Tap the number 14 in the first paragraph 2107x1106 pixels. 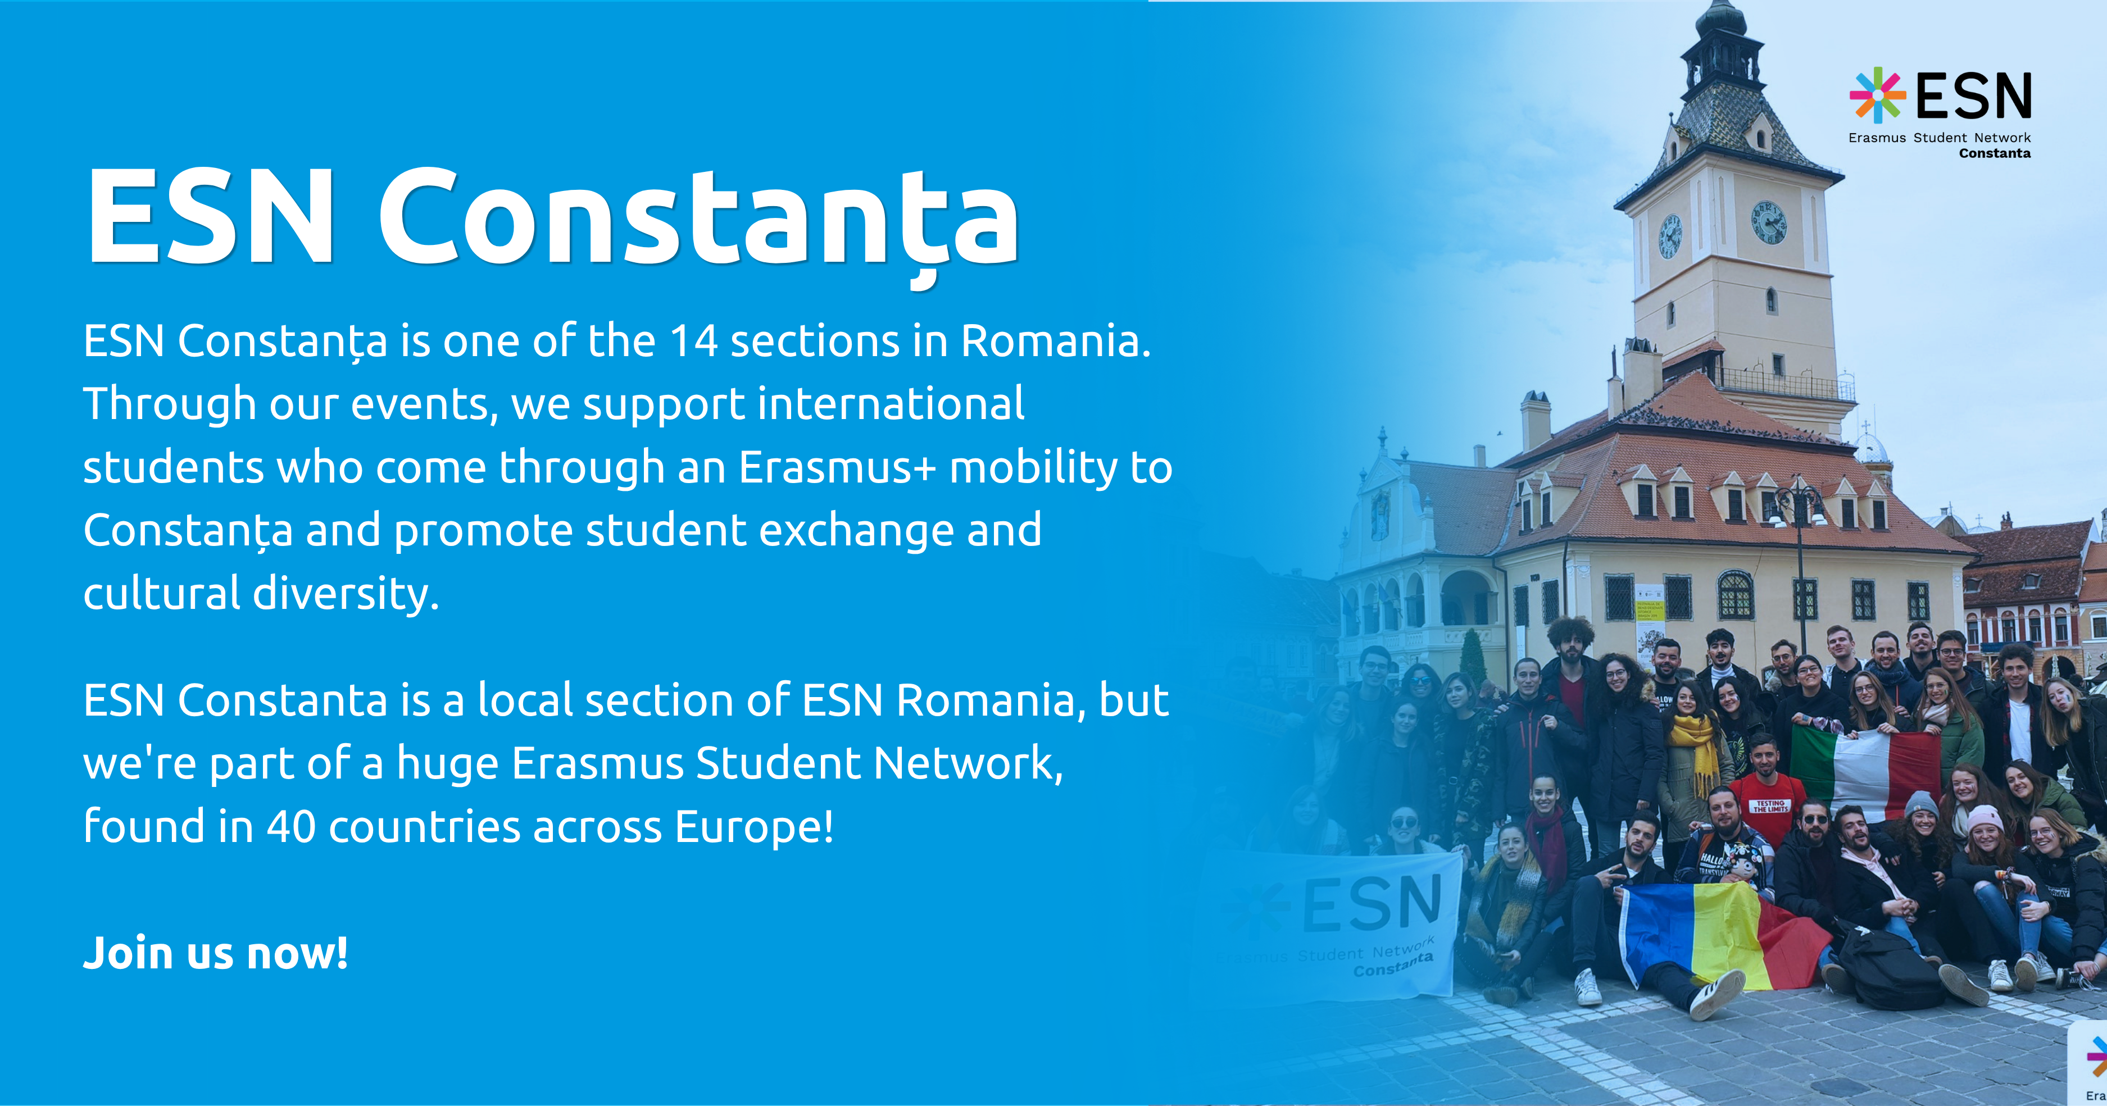click(693, 341)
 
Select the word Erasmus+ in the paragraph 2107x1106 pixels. click(837, 467)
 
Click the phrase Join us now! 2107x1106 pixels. click(216, 953)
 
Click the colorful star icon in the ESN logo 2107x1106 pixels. click(1878, 95)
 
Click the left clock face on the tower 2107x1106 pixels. click(1670, 237)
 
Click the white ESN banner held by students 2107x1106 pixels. click(1341, 923)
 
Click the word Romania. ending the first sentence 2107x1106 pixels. click(1055, 341)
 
